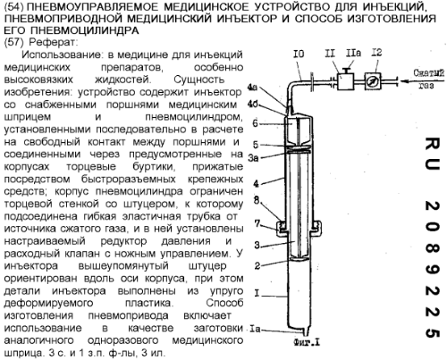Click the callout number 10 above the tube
(x=299, y=54)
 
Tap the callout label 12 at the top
(x=376, y=53)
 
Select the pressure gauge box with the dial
(x=373, y=81)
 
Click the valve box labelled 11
(x=345, y=80)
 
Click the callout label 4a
(x=252, y=88)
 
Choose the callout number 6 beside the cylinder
(x=255, y=123)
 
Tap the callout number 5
(x=256, y=145)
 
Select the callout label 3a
(x=253, y=157)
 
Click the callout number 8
(x=257, y=200)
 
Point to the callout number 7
(x=257, y=223)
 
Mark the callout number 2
(x=257, y=265)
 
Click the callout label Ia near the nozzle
(x=255, y=329)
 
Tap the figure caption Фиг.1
(x=307, y=343)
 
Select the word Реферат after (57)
(x=53, y=42)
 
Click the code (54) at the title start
(x=16, y=6)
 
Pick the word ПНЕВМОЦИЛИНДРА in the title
(x=85, y=30)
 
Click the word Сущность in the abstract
(x=199, y=80)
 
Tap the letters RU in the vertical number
(x=432, y=153)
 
